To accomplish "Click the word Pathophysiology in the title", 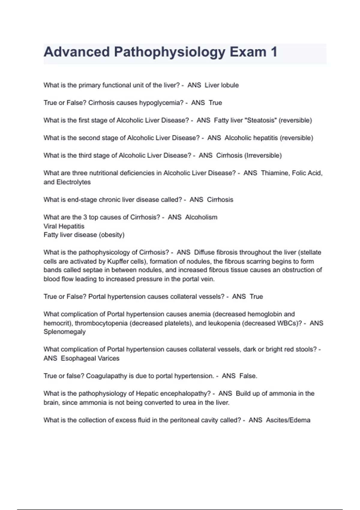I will [x=169, y=52].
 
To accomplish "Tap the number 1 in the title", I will [x=274, y=52].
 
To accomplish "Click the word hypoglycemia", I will [x=162, y=103].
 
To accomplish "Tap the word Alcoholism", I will [x=201, y=217].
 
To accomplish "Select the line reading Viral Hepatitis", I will [x=64, y=226].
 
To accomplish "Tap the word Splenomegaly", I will [x=64, y=332].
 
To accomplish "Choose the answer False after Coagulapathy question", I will [x=248, y=376].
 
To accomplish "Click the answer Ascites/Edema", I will [x=288, y=420].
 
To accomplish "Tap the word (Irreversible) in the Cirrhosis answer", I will [x=263, y=155].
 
